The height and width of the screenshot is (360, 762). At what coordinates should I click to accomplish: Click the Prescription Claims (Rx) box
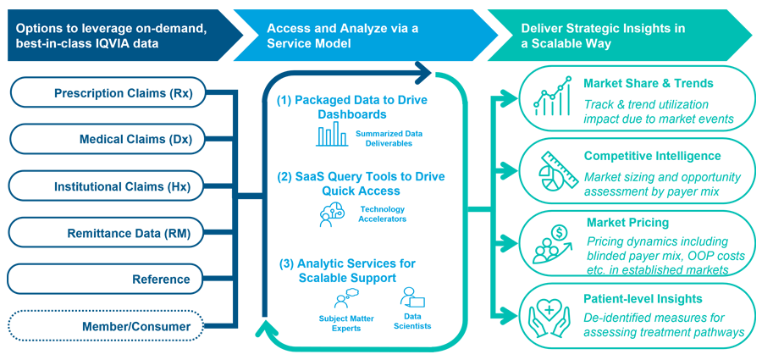pos(108,93)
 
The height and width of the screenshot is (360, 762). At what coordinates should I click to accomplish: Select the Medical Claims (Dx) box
pos(108,140)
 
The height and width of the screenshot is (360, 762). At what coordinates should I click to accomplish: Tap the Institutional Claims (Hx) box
pos(108,186)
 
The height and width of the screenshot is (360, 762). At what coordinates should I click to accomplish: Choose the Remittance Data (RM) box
pos(108,232)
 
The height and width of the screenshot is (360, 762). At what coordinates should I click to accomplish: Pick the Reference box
pos(108,279)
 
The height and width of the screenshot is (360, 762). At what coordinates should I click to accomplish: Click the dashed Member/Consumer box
pos(108,325)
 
